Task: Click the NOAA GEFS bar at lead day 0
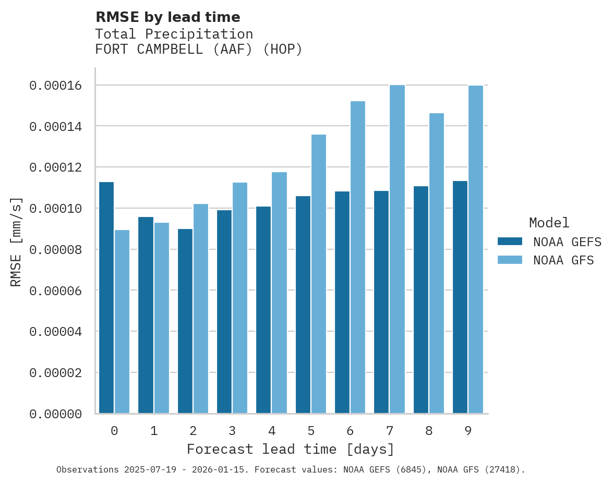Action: tap(106, 297)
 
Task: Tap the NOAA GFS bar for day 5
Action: tap(318, 274)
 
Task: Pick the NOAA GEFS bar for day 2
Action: tap(185, 321)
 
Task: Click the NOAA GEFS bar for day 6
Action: tap(342, 302)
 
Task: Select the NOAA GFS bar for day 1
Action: tap(161, 318)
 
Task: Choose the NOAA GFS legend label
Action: tap(563, 260)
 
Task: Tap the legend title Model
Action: tap(549, 223)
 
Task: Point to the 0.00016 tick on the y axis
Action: tap(56, 86)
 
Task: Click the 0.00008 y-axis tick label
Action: tap(56, 249)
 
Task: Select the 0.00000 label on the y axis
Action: tap(56, 414)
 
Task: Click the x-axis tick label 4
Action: tap(271, 431)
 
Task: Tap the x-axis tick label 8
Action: tap(429, 431)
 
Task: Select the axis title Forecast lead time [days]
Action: tap(291, 449)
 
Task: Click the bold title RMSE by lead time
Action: tap(168, 17)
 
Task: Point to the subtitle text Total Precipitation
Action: tap(174, 34)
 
